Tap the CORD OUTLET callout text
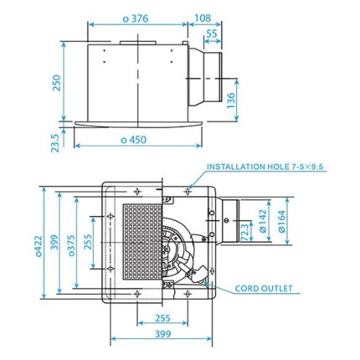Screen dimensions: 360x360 (264, 289)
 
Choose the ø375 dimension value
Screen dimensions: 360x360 (73, 247)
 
